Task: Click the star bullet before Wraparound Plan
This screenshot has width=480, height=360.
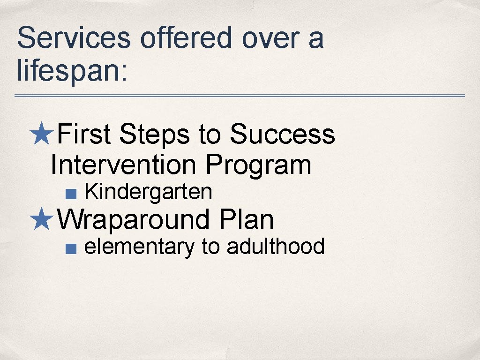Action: [x=42, y=219]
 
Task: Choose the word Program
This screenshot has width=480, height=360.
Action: [x=258, y=165]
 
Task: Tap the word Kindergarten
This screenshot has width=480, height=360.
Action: [x=148, y=192]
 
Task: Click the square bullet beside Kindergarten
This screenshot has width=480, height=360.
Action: [x=70, y=193]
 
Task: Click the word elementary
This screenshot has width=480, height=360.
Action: [x=139, y=247]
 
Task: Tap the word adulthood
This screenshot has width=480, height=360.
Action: [x=276, y=246]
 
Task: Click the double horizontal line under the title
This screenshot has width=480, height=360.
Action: [x=240, y=96]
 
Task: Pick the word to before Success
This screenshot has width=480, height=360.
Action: [x=209, y=135]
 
